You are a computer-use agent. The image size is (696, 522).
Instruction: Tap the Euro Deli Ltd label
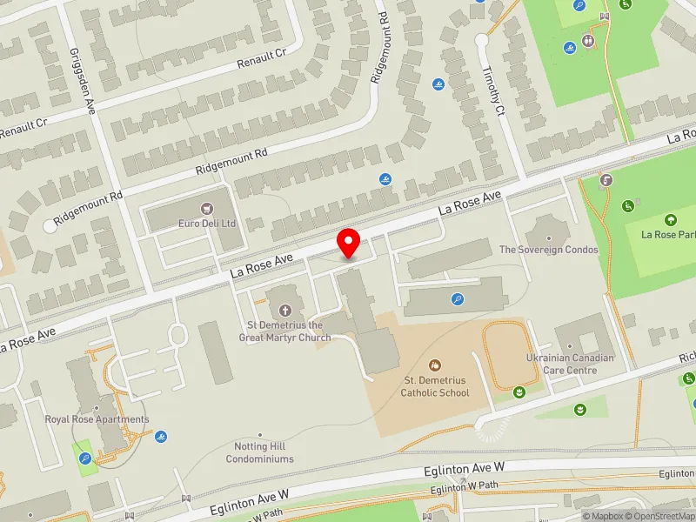(206, 224)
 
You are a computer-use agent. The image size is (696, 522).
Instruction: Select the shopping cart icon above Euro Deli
(206, 208)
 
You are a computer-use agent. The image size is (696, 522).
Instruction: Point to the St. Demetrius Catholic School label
(435, 386)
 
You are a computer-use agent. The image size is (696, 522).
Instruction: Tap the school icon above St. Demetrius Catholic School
(435, 365)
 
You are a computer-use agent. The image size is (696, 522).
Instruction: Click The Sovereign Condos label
(548, 250)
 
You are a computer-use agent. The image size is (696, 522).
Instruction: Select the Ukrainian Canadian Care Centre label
(570, 364)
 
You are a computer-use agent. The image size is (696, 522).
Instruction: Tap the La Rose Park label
(668, 234)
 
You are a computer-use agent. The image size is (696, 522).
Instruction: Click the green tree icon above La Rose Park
(670, 219)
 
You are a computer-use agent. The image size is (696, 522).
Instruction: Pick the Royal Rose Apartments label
(97, 419)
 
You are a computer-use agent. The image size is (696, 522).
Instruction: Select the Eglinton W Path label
(465, 489)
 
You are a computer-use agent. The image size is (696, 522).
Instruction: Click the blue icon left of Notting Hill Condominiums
(161, 437)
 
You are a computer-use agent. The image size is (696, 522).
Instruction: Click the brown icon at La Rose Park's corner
(606, 181)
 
